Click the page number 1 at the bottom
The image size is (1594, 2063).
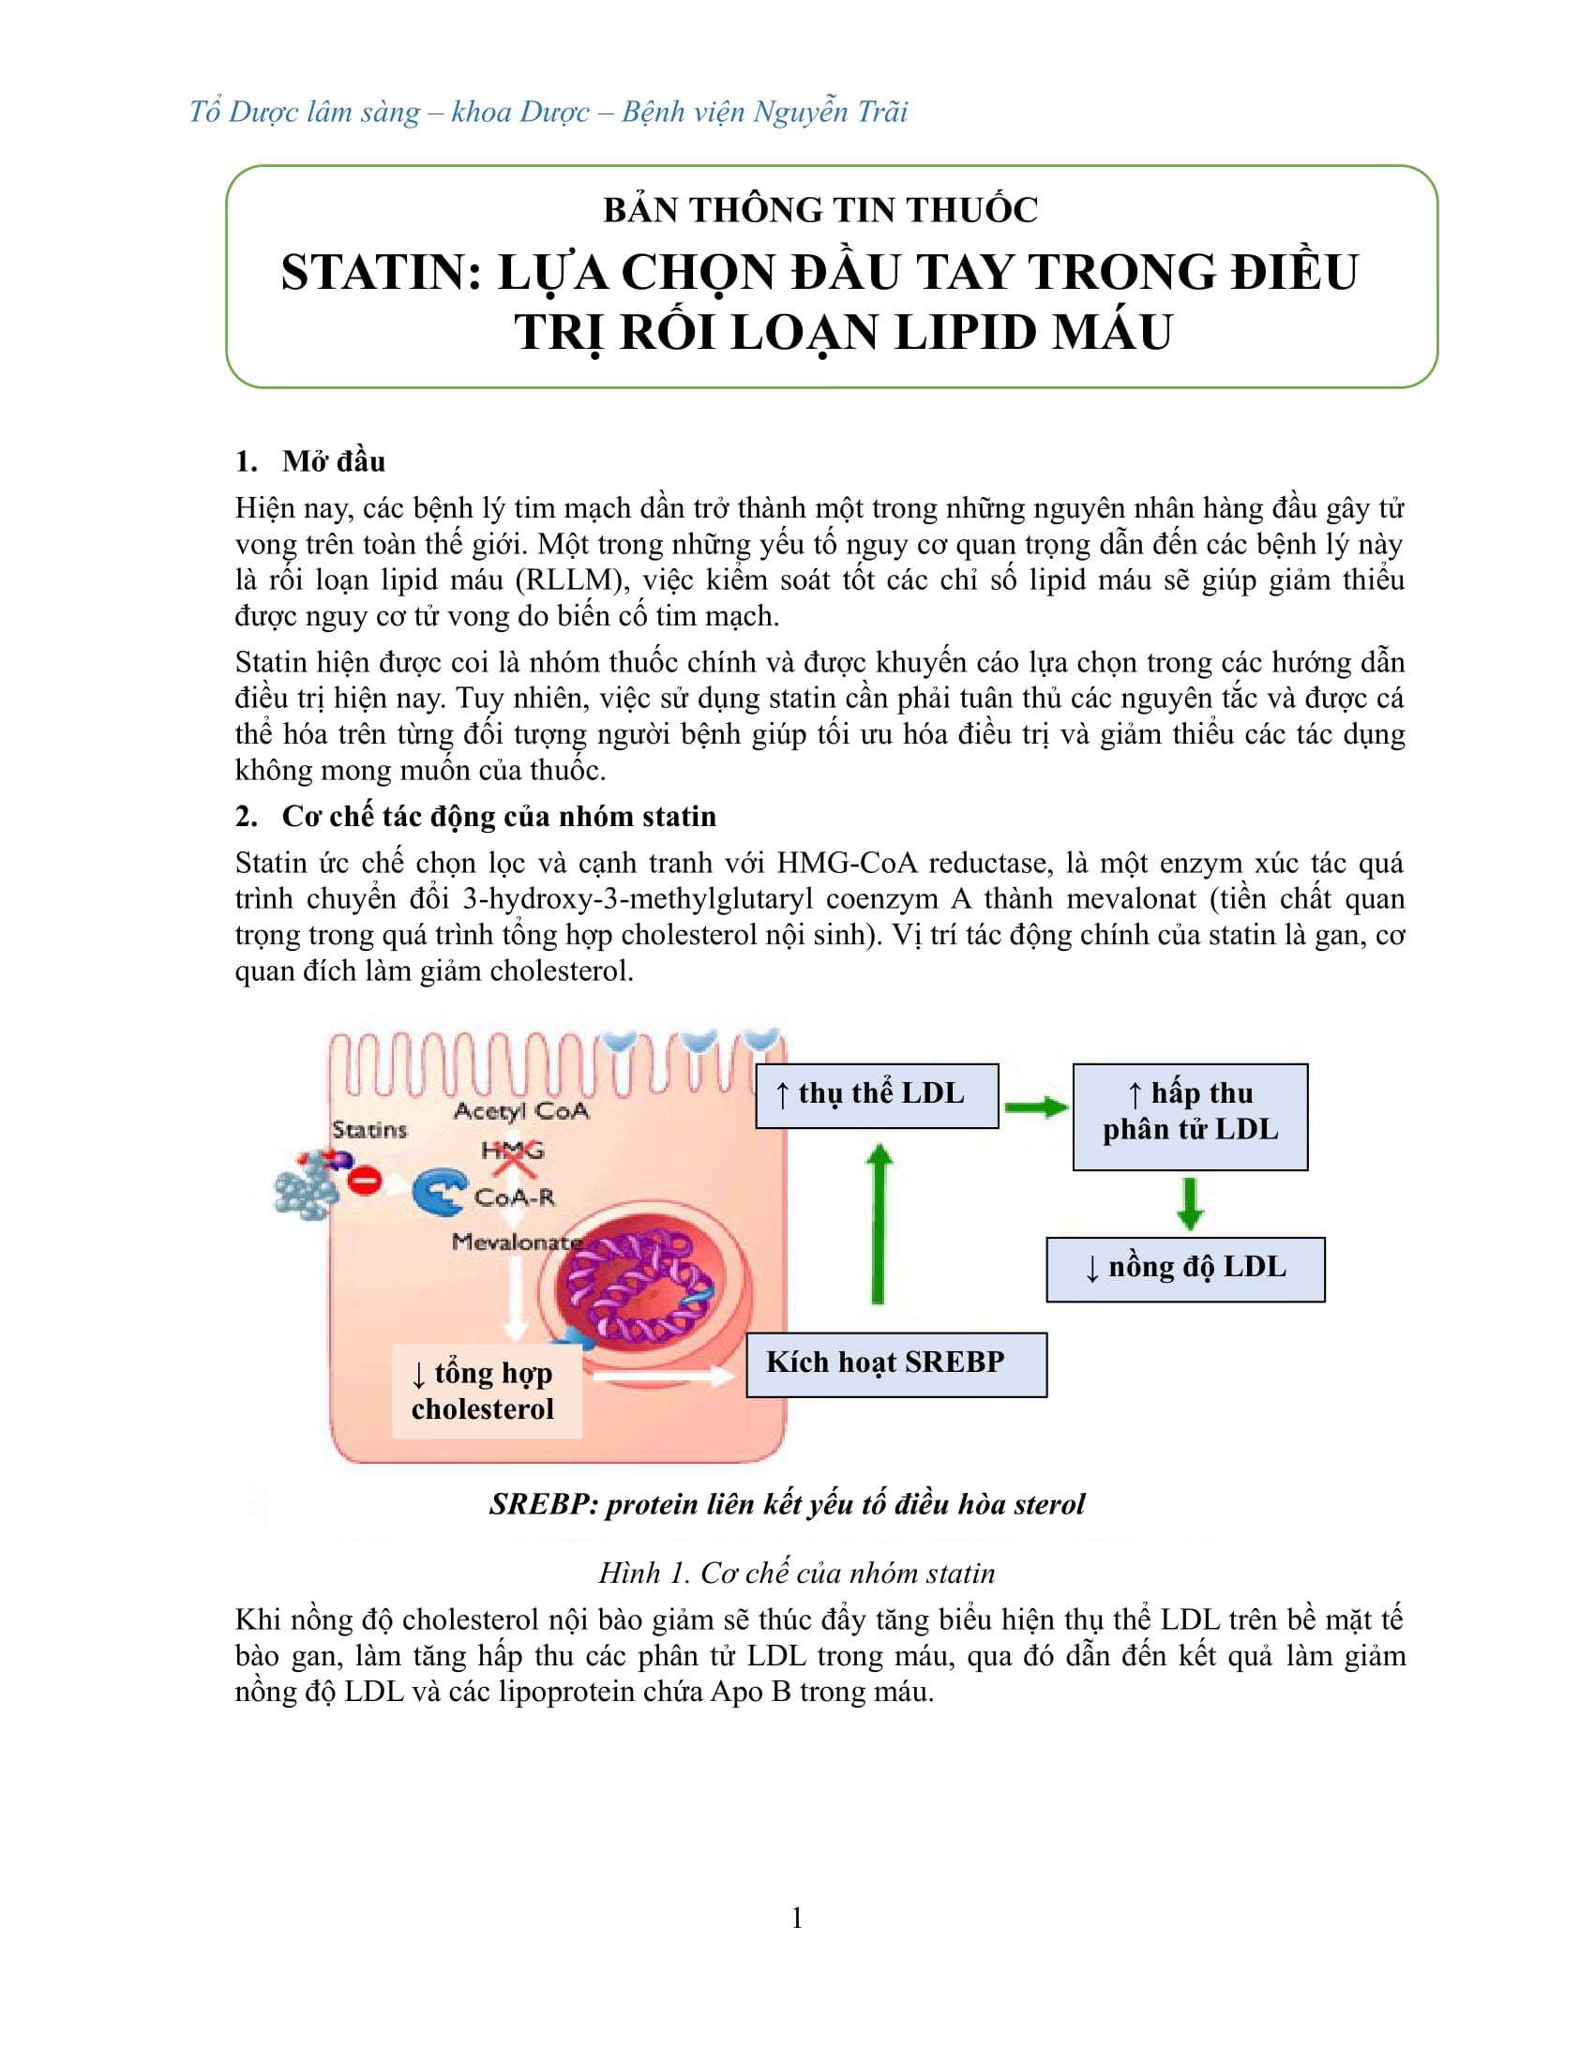point(797,1919)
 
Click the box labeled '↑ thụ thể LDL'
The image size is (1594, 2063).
point(877,1095)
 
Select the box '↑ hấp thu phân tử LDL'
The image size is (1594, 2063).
point(1190,1117)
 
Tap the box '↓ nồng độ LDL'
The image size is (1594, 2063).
point(1185,1269)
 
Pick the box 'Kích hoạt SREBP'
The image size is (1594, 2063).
point(895,1364)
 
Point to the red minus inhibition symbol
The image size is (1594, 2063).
point(365,1180)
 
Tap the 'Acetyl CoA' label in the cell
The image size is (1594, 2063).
point(520,1112)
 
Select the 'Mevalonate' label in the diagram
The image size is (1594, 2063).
point(516,1242)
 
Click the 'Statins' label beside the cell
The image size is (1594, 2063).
point(369,1130)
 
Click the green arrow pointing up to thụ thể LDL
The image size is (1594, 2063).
point(879,1224)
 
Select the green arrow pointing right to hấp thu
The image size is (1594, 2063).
point(1035,1107)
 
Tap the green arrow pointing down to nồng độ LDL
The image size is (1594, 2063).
point(1190,1202)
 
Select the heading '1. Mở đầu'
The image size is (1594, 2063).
point(310,462)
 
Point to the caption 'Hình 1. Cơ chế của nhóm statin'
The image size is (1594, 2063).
point(796,1573)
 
